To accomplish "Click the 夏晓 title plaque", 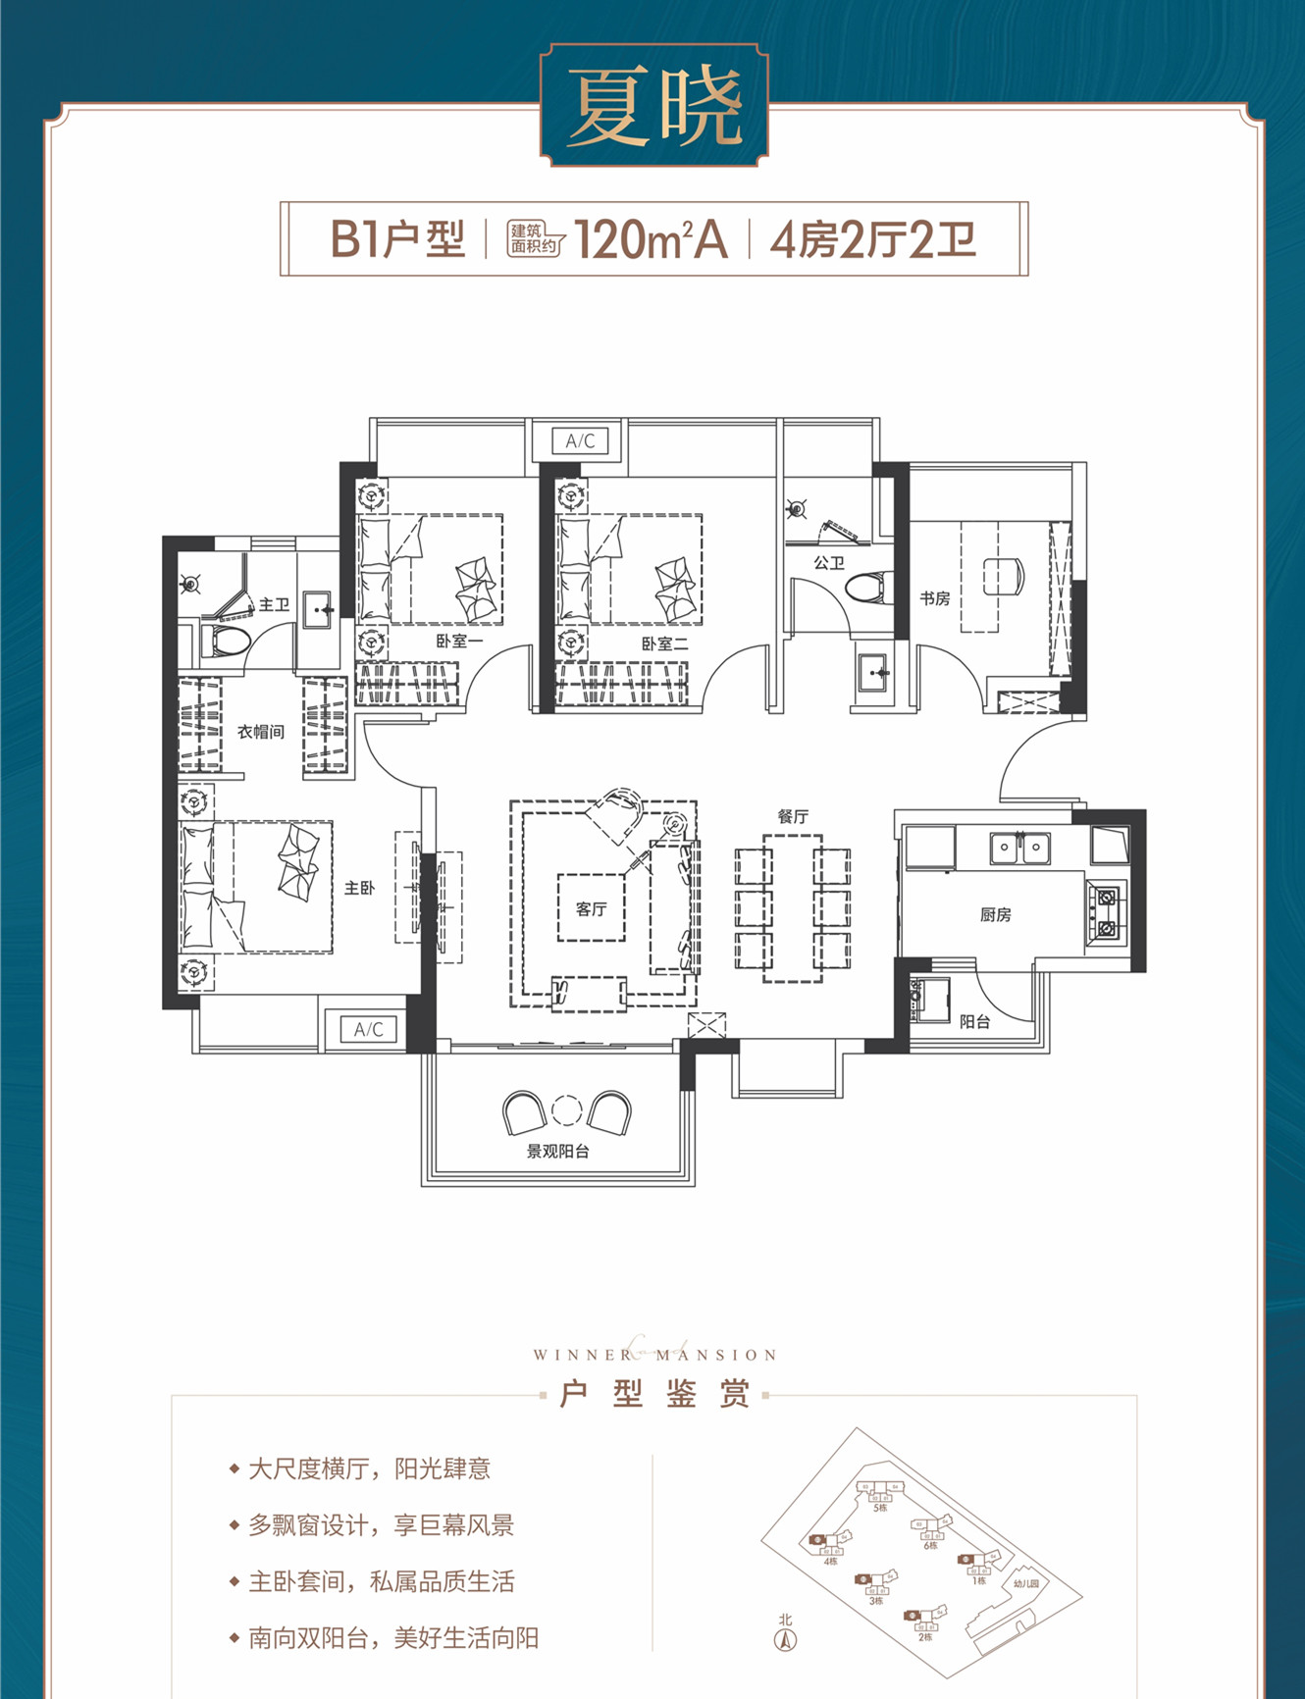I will coord(653,106).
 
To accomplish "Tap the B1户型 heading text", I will coord(397,239).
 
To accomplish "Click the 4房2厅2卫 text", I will coord(872,239).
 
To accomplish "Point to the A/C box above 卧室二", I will coord(580,440).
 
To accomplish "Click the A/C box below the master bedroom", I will coord(369,1029).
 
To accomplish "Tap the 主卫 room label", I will coord(274,605).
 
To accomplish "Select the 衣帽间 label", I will coord(261,732).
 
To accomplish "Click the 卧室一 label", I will coord(459,642).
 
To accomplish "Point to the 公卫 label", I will coord(829,563).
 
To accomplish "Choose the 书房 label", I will coord(934,597).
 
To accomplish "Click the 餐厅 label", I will coord(793,816).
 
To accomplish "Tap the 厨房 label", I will coord(995,914).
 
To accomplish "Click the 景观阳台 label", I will coord(557,1151).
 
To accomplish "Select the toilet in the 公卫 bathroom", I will coord(869,588).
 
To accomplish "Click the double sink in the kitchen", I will coord(1019,847).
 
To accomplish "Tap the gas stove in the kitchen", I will coord(1107,912).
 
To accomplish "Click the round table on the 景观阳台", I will coord(567,1109).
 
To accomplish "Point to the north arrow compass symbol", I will coord(785,1639).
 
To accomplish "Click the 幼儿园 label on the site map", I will coord(1025,1583).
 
